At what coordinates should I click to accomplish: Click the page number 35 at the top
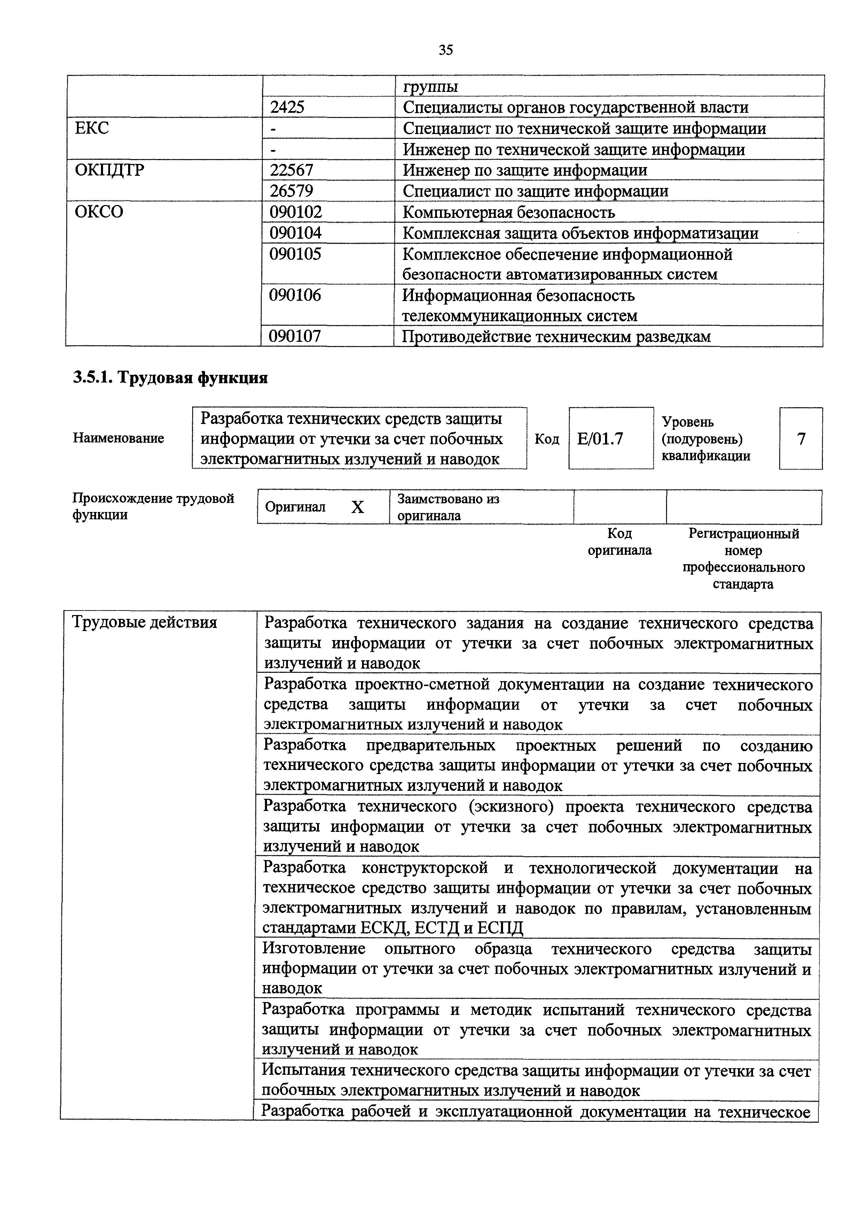(446, 50)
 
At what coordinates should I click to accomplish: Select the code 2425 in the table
(287, 108)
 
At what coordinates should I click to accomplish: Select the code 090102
(296, 212)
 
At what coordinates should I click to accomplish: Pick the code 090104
(296, 233)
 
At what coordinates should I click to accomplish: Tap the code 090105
(296, 254)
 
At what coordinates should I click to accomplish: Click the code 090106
(296, 295)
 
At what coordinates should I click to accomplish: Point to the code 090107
(296, 336)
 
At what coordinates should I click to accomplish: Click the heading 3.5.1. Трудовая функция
(170, 378)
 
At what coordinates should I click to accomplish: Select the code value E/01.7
(600, 439)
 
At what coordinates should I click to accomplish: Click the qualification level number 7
(801, 439)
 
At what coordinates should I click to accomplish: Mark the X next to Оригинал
(358, 507)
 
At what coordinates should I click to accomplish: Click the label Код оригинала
(619, 541)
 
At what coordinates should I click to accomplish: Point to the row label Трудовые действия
(144, 622)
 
